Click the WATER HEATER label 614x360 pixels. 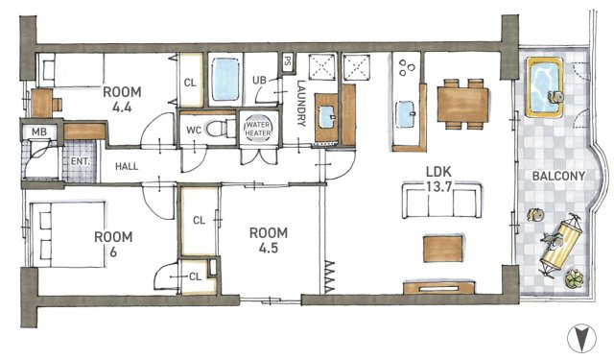[x=258, y=129]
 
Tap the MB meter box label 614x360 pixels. [x=39, y=132]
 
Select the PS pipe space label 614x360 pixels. [x=288, y=61]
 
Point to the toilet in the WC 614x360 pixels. [x=221, y=128]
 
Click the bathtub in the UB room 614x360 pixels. [x=225, y=79]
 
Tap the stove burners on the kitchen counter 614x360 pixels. [x=407, y=67]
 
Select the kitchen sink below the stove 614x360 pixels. [x=405, y=114]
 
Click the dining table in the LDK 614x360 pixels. [x=462, y=105]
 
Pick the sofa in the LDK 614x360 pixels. [x=441, y=201]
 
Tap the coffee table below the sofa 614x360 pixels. [x=443, y=249]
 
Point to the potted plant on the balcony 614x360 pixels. [x=574, y=278]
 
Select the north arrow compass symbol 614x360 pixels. [x=582, y=338]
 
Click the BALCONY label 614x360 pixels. [x=558, y=176]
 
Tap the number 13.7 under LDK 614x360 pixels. [x=439, y=186]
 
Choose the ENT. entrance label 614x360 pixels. [x=81, y=161]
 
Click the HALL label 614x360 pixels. [x=127, y=166]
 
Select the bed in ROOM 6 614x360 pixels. [x=69, y=234]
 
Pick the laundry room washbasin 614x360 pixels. [x=326, y=117]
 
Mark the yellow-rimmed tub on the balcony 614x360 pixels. [x=545, y=87]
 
